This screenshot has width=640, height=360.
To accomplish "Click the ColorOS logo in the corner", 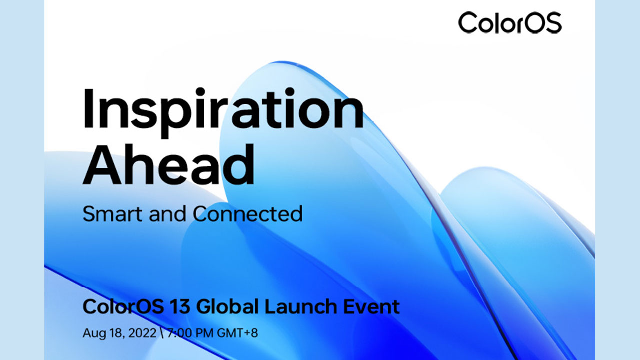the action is pyautogui.click(x=510, y=23).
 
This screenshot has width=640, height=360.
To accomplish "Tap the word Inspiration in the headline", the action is pyautogui.click(x=223, y=113).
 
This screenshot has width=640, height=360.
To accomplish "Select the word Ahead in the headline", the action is pyautogui.click(x=169, y=164).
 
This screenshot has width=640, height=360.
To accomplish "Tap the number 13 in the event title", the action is pyautogui.click(x=179, y=306).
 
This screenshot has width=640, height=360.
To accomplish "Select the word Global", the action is pyautogui.click(x=227, y=306).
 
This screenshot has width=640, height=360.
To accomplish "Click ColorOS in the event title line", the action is pyautogui.click(x=123, y=306).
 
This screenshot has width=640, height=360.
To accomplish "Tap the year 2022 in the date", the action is pyautogui.click(x=142, y=333).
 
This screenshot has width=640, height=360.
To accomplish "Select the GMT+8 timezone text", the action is pyautogui.click(x=237, y=333).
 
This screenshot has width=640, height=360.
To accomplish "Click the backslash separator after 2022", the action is pyautogui.click(x=162, y=333).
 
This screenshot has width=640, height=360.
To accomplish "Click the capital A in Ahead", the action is pyautogui.click(x=102, y=164).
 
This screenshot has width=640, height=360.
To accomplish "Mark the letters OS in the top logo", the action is pyautogui.click(x=540, y=23).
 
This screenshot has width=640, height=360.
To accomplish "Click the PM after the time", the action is pyautogui.click(x=203, y=333).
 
